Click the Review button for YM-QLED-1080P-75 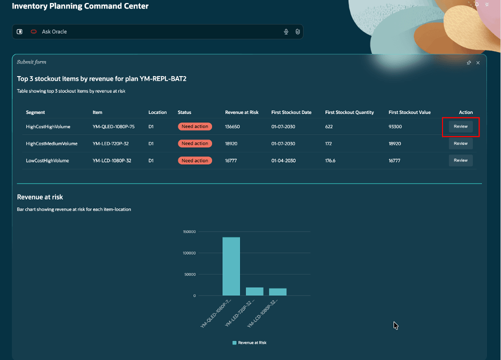pyautogui.click(x=460, y=126)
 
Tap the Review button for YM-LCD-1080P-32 pyautogui.click(x=460, y=160)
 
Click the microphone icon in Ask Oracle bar pyautogui.click(x=286, y=31)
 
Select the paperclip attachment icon pyautogui.click(x=297, y=31)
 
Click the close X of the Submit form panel pyautogui.click(x=478, y=62)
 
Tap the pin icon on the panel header pyautogui.click(x=468, y=62)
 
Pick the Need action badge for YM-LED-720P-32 pyautogui.click(x=195, y=143)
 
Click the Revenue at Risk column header pyautogui.click(x=241, y=112)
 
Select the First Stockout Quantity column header pyautogui.click(x=349, y=112)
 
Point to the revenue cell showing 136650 pyautogui.click(x=232, y=126)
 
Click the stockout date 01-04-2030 pyautogui.click(x=283, y=160)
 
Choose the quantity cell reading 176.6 pyautogui.click(x=330, y=160)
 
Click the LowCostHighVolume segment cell pyautogui.click(x=47, y=160)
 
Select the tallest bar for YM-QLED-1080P pyautogui.click(x=231, y=266)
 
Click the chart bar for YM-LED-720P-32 pyautogui.click(x=254, y=291)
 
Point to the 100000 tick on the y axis pyautogui.click(x=189, y=253)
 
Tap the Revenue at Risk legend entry pyautogui.click(x=249, y=343)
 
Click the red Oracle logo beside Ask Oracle pyautogui.click(x=33, y=31)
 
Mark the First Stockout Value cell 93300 pyautogui.click(x=395, y=126)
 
